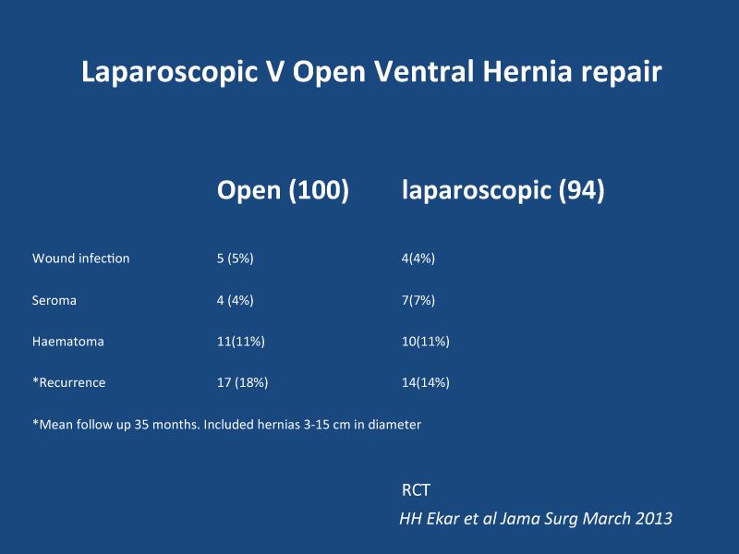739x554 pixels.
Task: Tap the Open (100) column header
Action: pyautogui.click(x=283, y=191)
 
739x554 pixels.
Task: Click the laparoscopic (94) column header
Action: pyautogui.click(x=503, y=191)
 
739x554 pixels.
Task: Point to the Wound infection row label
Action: pyautogui.click(x=80, y=259)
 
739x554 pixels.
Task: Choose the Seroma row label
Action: pyautogui.click(x=55, y=301)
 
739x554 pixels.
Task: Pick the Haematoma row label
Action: pyautogui.click(x=67, y=342)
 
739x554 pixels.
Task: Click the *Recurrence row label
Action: pyautogui.click(x=68, y=382)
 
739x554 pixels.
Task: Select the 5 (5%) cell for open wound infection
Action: pyautogui.click(x=236, y=259)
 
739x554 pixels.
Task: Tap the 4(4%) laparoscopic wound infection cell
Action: pyautogui.click(x=418, y=259)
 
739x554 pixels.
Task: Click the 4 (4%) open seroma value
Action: pyautogui.click(x=236, y=301)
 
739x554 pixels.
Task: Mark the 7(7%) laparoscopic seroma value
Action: pyautogui.click(x=418, y=301)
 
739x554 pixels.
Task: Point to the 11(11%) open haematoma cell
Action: pyautogui.click(x=241, y=342)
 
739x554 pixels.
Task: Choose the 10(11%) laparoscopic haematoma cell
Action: pyautogui.click(x=426, y=342)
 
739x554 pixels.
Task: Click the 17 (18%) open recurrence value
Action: pyautogui.click(x=242, y=382)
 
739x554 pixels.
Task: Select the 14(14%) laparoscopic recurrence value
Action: pyautogui.click(x=426, y=382)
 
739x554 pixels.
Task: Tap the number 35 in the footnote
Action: pyautogui.click(x=142, y=425)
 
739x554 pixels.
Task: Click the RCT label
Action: pyautogui.click(x=416, y=490)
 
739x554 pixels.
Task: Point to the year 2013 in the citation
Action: pyautogui.click(x=654, y=519)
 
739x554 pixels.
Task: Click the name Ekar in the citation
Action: pyautogui.click(x=443, y=519)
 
